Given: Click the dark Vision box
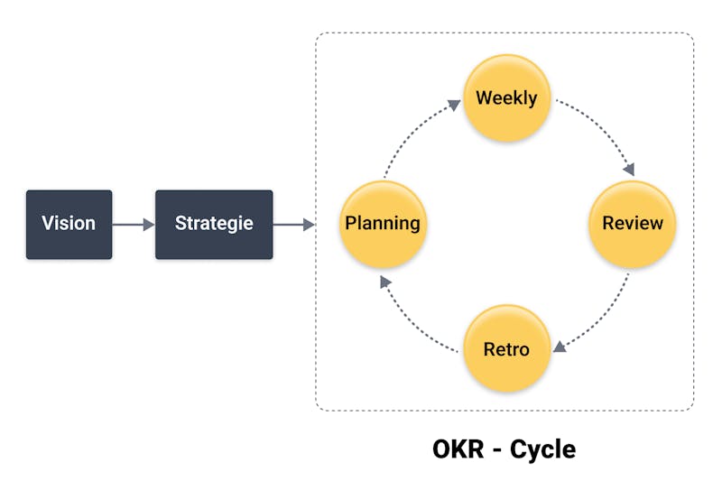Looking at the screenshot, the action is [x=69, y=225].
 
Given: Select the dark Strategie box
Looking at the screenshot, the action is [x=214, y=225].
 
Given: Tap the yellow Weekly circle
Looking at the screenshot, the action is [x=507, y=98].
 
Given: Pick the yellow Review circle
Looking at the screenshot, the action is [x=633, y=224].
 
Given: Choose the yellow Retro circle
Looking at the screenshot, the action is [x=507, y=348].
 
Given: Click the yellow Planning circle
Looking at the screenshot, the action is [x=383, y=224].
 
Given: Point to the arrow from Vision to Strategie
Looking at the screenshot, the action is [x=134, y=225].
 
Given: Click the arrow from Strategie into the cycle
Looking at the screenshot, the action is [x=294, y=225].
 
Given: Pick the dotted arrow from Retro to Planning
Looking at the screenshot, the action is [x=412, y=322].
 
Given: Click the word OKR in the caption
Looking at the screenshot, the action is [x=458, y=449].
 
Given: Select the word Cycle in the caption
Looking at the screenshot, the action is [x=543, y=449].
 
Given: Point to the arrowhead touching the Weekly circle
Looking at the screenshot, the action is [x=455, y=105].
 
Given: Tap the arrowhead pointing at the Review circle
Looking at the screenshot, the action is [x=629, y=170].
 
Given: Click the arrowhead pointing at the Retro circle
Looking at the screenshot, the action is [x=559, y=347].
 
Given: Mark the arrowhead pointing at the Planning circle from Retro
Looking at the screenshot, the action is [x=385, y=282].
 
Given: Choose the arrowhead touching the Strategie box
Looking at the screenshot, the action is [x=149, y=225].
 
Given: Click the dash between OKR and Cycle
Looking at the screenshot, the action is [x=497, y=450].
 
